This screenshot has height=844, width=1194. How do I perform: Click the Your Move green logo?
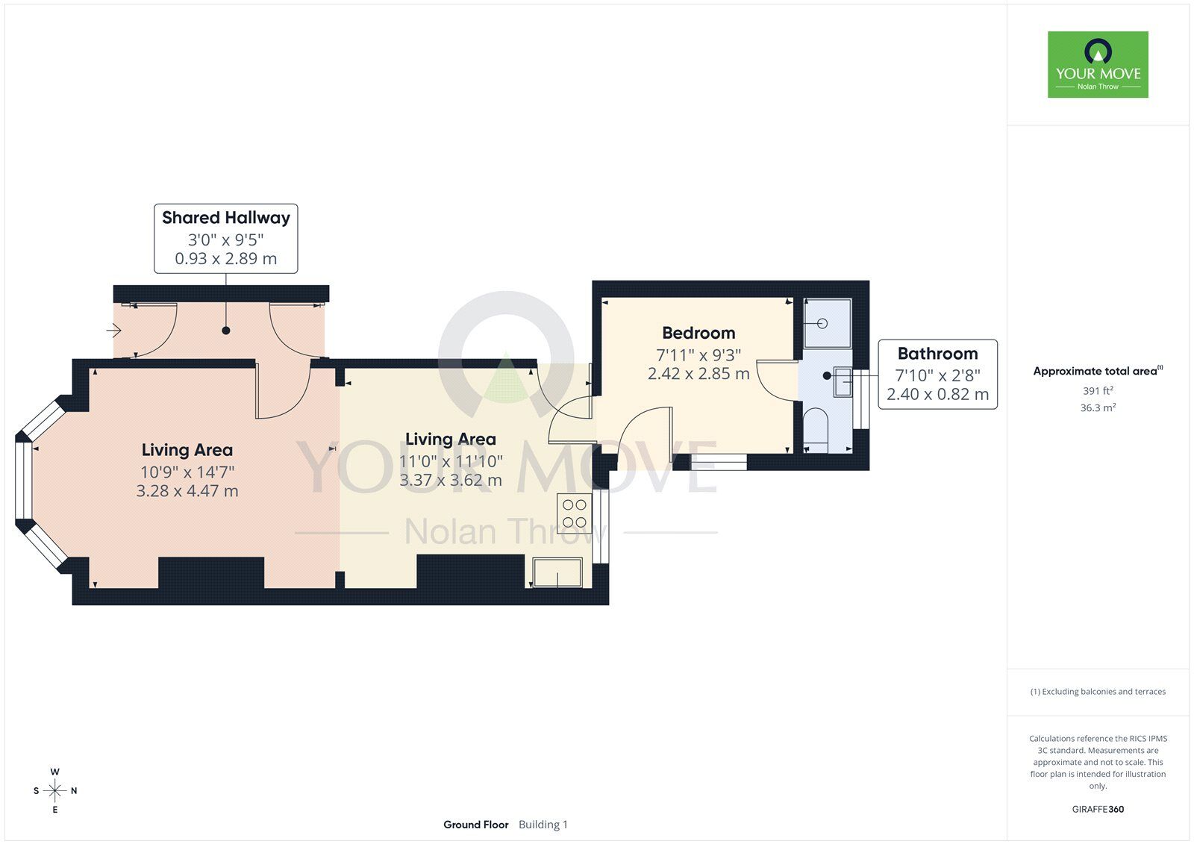coord(1098,64)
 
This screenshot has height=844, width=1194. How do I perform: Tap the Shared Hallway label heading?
coord(226,218)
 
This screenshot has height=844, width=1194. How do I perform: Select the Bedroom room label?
coord(698,333)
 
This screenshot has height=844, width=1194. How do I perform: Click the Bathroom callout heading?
coord(937,354)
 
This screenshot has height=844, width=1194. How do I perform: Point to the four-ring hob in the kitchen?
coord(574,513)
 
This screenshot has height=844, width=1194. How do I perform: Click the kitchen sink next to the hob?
coord(557,572)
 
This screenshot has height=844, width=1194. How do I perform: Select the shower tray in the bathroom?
coord(828,323)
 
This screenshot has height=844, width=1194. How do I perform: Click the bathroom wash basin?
coord(843,381)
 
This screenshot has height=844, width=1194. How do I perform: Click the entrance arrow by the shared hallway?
coord(113,331)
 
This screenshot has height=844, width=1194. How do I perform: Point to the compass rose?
coord(55,790)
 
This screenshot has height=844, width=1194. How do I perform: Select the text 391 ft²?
coord(1098,391)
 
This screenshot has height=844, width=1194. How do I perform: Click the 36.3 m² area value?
coord(1098,408)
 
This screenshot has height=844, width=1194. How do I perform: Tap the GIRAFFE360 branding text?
coord(1098,809)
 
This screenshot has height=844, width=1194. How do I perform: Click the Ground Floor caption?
coord(475,825)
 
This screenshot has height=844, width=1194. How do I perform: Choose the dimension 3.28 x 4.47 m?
coord(187,490)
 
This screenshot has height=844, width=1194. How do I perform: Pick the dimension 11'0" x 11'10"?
coord(451,460)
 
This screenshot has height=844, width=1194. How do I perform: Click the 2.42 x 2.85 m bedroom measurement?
coord(698,373)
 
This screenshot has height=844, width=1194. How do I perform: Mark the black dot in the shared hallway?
coord(226,331)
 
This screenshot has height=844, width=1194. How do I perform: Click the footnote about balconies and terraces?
coord(1098,692)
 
